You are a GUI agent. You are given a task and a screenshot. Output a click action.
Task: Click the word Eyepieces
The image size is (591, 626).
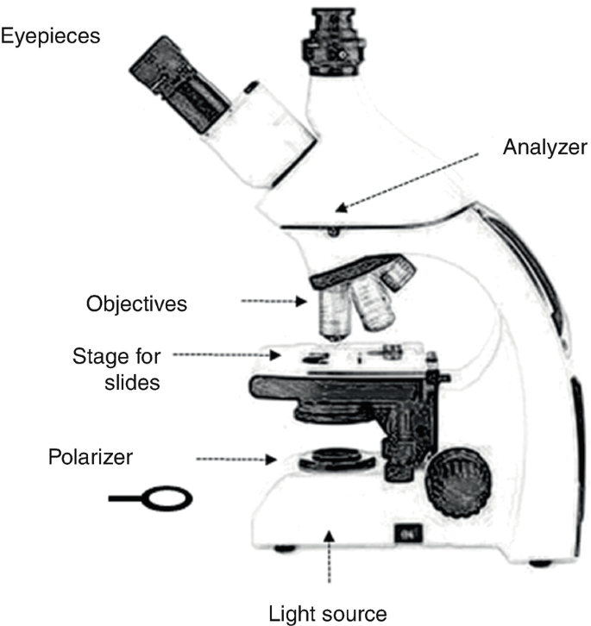click(x=51, y=36)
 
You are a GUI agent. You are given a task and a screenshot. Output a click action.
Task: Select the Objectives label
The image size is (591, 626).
click(x=136, y=304)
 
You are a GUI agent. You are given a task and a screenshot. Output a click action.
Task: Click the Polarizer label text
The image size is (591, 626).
click(x=91, y=458)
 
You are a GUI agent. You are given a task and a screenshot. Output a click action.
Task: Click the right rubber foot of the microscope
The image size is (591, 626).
click(x=539, y=562)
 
